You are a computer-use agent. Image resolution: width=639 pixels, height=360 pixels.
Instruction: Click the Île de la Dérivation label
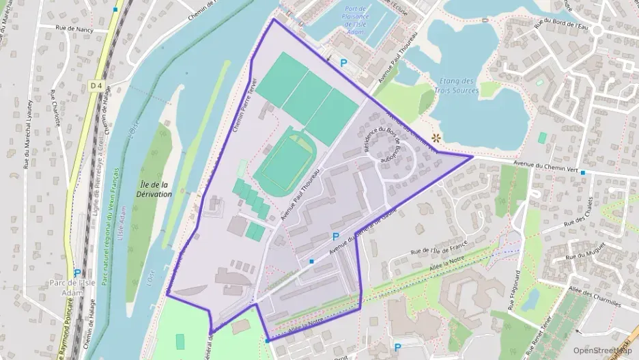[155, 189]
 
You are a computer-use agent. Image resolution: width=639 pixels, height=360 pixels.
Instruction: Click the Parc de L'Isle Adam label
[66, 288]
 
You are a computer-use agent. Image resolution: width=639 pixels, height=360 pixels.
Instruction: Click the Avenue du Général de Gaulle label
[363, 234]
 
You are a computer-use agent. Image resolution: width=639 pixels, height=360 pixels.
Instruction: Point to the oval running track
[284, 162]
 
